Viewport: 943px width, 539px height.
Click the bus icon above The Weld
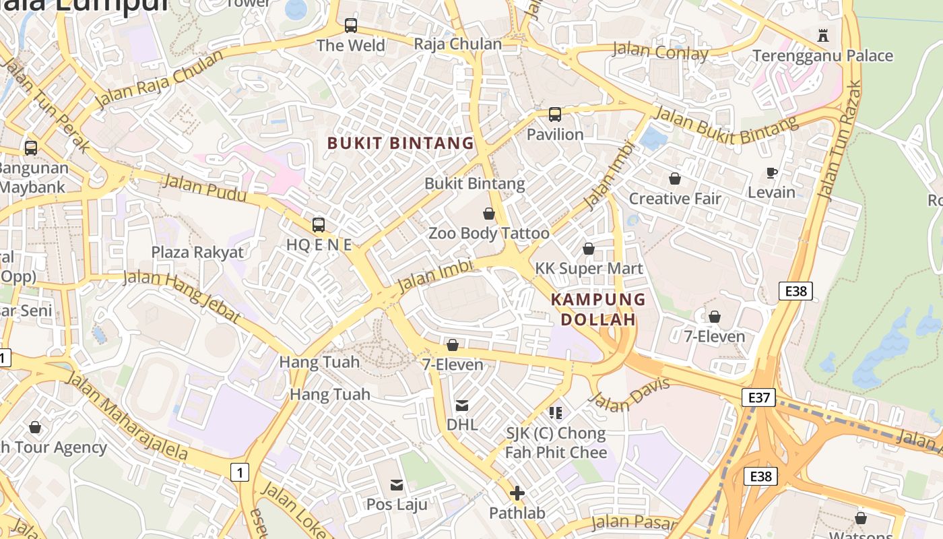351,26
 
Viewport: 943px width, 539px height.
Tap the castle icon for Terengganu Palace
822,35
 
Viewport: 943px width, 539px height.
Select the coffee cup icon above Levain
772,172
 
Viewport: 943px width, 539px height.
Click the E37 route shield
759,398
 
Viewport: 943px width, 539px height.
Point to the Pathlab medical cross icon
517,493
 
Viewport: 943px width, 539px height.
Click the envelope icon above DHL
462,405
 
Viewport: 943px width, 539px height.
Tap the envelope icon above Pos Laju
397,484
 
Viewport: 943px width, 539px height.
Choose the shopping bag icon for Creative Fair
674,179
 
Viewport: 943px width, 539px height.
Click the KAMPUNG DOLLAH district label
598,309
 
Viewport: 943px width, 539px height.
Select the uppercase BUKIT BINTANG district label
401,143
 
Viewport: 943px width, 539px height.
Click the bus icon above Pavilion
555,115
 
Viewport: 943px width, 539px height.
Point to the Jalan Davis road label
629,394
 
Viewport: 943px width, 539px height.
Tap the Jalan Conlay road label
660,51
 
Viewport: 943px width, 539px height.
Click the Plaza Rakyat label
197,252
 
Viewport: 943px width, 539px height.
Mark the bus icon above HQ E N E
319,224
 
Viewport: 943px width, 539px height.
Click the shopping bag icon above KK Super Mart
589,249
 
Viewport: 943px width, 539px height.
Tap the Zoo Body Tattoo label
489,234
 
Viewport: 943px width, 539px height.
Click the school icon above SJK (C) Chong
556,412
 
